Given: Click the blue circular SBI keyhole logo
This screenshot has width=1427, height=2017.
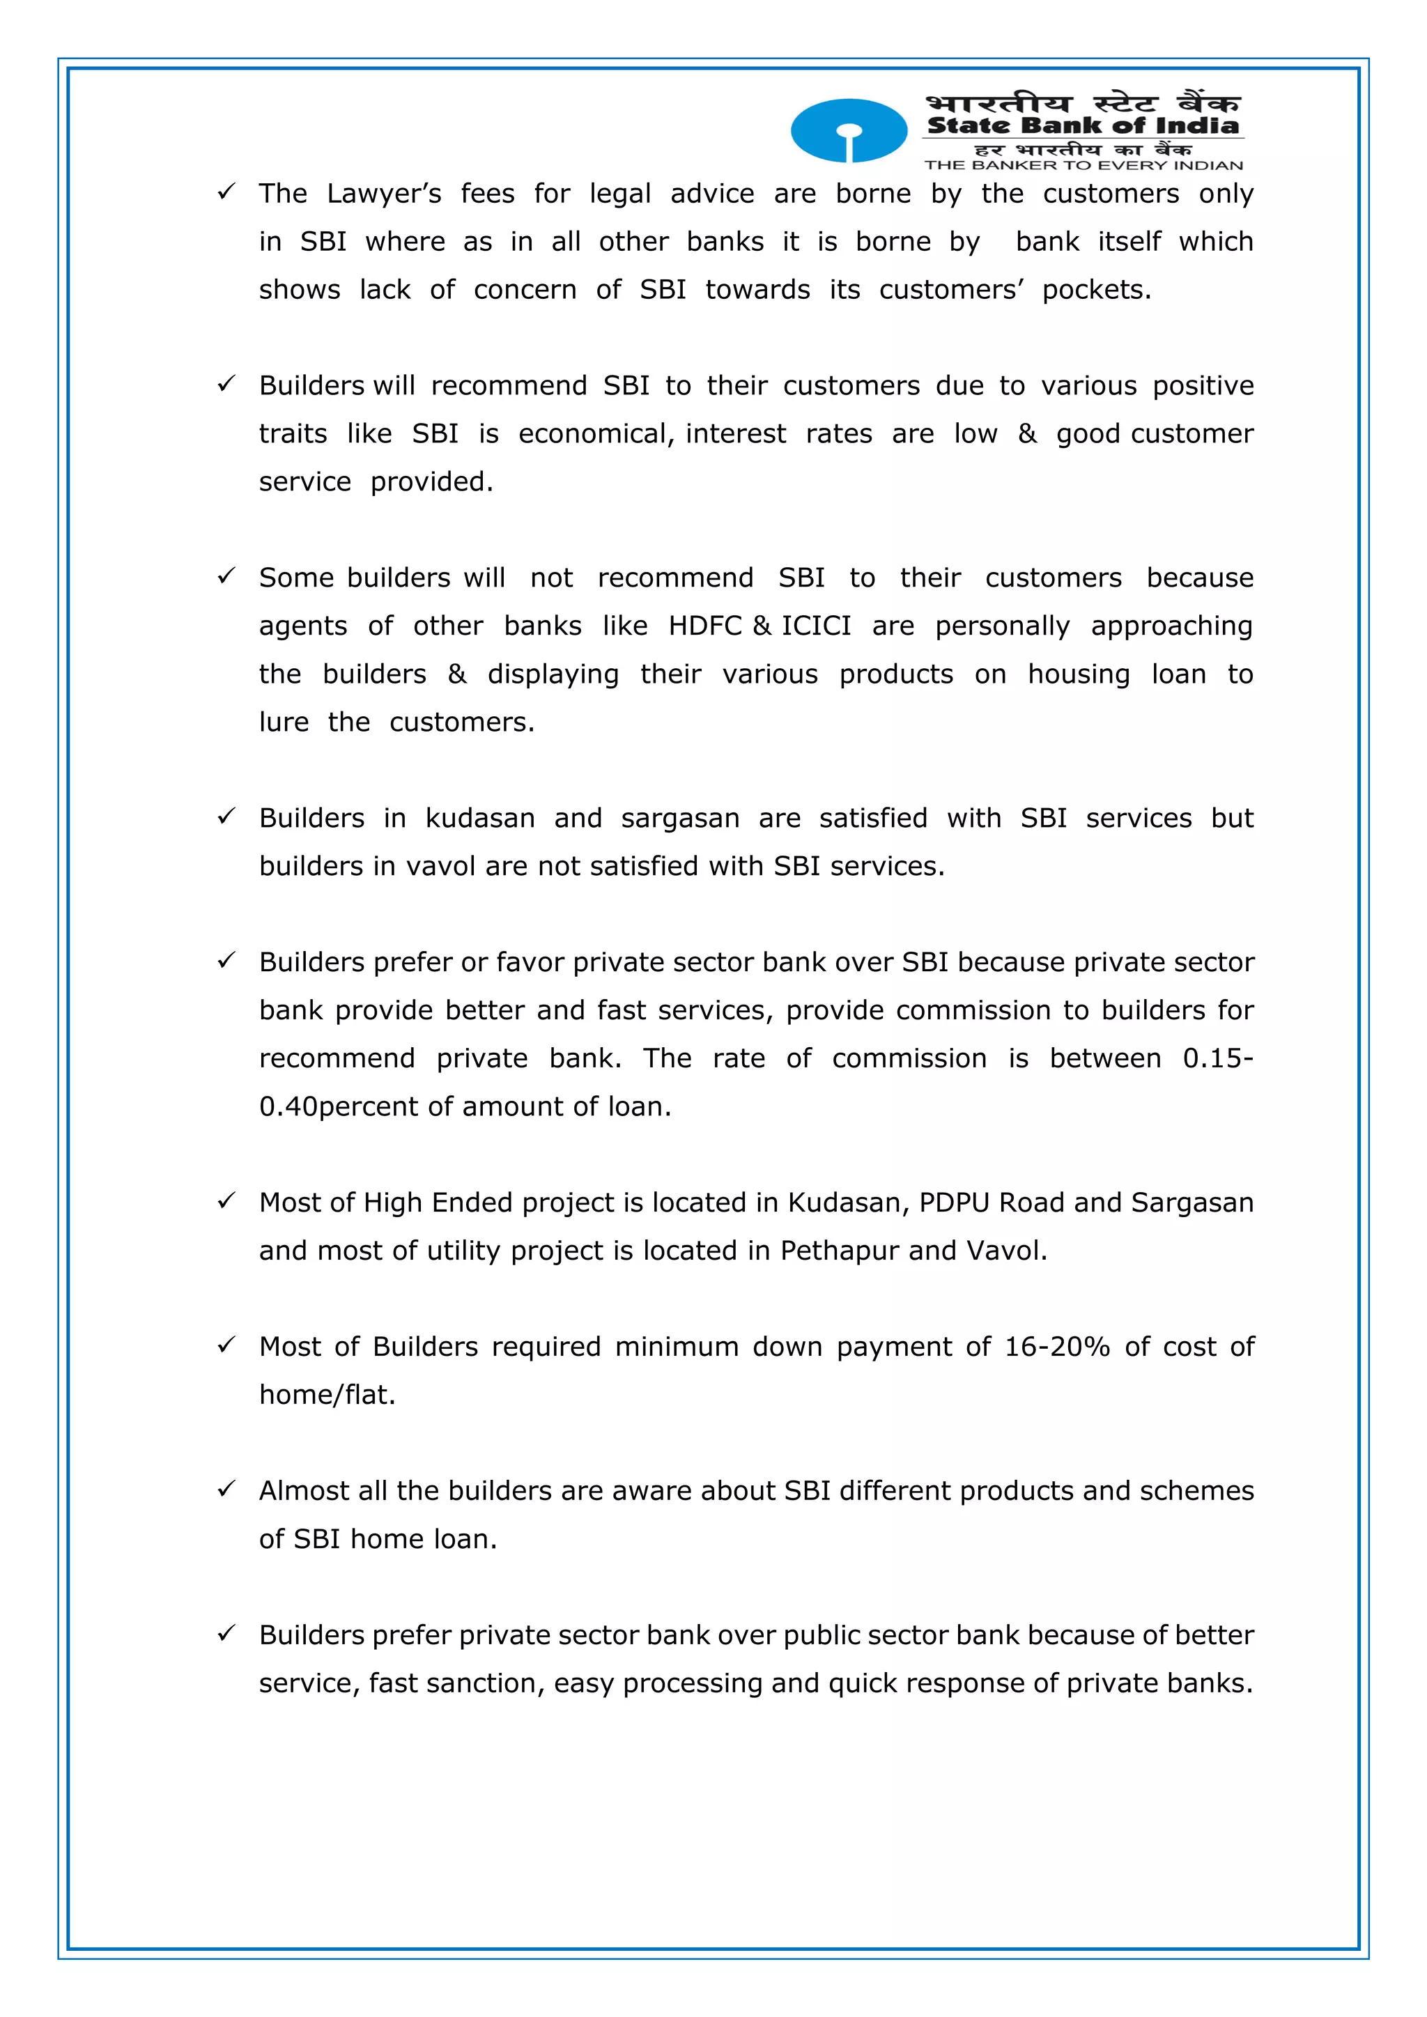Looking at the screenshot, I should coord(848,131).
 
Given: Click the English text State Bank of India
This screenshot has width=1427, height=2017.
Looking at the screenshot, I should coord(1083,125).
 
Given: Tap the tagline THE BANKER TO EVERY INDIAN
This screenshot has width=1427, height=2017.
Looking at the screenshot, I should coord(1083,165).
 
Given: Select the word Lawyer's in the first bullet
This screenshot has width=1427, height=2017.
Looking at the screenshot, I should coord(384,194).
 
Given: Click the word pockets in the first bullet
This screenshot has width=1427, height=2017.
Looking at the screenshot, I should coord(1096,290).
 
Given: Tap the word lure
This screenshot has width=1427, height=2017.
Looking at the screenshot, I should coord(284,722).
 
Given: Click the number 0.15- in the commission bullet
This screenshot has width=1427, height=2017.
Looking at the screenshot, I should coord(1217,1058).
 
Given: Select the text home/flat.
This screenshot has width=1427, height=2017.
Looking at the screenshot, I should coord(327,1395).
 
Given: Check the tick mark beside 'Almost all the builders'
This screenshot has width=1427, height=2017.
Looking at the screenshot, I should coord(226,1488).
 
